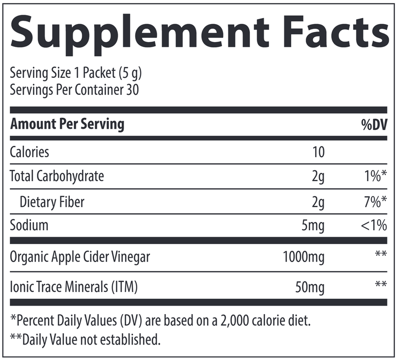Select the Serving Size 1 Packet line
76,73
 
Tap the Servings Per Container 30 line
74,90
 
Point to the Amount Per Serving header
67,124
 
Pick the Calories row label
29,152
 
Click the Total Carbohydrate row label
57,176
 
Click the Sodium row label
29,225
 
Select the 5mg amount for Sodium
313,225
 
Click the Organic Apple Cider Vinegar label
80,257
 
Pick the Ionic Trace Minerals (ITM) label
73,287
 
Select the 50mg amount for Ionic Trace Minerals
310,287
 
